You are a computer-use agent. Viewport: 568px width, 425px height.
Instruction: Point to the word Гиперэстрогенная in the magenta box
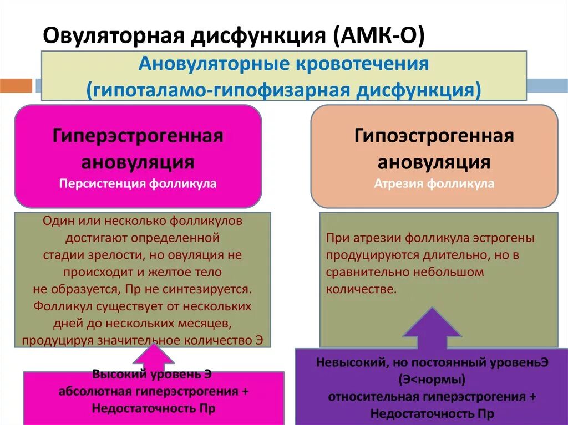138,136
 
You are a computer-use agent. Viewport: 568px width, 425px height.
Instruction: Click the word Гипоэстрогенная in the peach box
434,136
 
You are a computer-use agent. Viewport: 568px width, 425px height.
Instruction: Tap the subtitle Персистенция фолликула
138,184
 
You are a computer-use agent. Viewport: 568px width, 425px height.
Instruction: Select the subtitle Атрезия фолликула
434,184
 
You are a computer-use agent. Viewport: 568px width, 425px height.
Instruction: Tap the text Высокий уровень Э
152,373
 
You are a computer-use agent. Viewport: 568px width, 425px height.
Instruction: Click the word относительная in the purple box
374,397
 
